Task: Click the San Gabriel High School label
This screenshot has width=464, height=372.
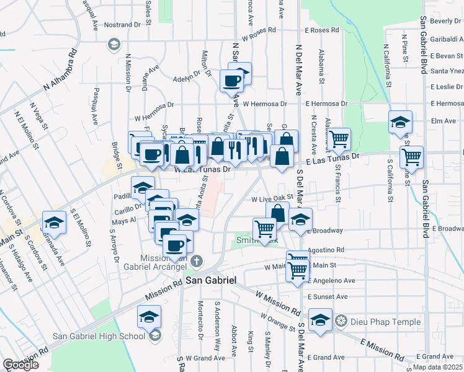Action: [x=99, y=337]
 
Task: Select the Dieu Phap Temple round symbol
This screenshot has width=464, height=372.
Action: [x=341, y=321]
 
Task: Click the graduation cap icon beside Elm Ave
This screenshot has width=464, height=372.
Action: [x=400, y=122]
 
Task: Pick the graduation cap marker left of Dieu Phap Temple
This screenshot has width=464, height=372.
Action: [x=320, y=321]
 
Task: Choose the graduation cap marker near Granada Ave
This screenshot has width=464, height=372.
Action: [x=54, y=223]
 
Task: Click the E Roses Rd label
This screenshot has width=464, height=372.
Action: [x=321, y=30]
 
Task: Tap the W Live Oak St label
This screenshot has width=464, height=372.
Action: [x=271, y=199]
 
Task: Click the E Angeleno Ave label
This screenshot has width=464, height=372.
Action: [x=331, y=280]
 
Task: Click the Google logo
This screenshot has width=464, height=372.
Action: [x=20, y=365]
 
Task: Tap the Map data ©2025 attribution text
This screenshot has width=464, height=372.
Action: [x=437, y=367]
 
